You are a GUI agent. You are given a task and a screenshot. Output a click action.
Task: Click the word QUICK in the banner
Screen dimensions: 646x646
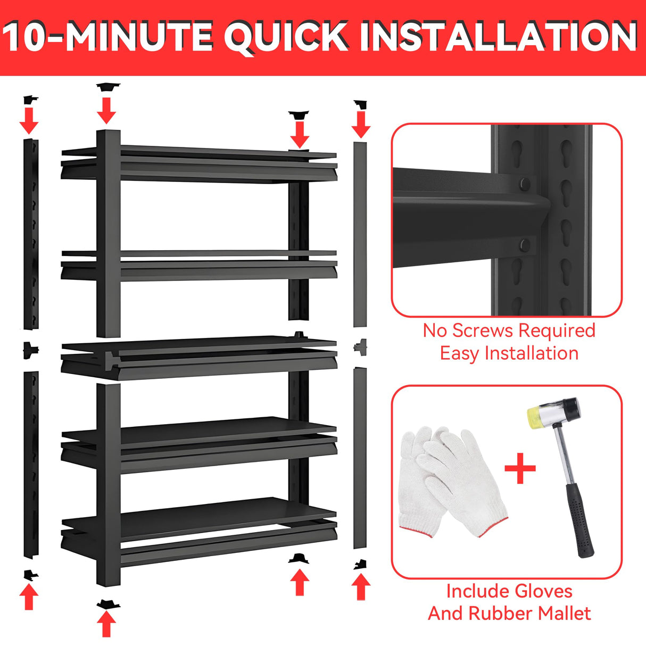pos(287,36)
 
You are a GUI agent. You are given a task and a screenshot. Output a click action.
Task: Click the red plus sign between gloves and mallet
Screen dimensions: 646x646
pos(520,468)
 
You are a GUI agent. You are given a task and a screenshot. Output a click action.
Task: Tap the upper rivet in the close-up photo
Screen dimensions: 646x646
pos(525,184)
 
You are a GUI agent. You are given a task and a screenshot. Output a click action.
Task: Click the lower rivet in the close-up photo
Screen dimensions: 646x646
pos(525,245)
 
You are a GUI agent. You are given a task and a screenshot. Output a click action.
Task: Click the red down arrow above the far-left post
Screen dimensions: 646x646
pos(29,120)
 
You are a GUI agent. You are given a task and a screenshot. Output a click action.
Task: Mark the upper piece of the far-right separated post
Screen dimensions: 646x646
pos(360,234)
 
